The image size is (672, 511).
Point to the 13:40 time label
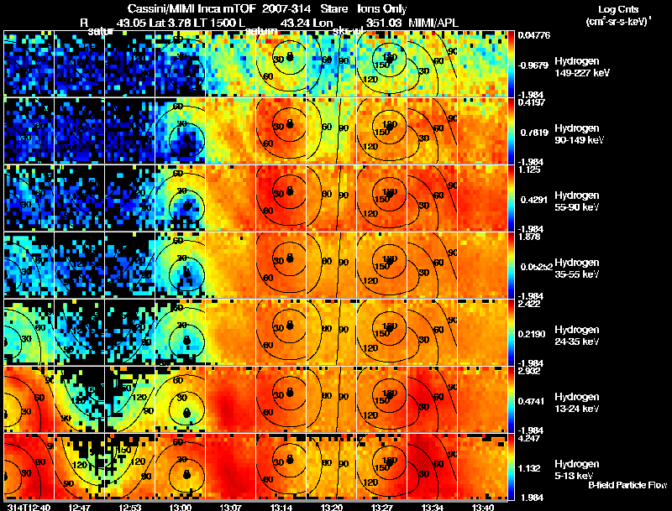tap(483, 507)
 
